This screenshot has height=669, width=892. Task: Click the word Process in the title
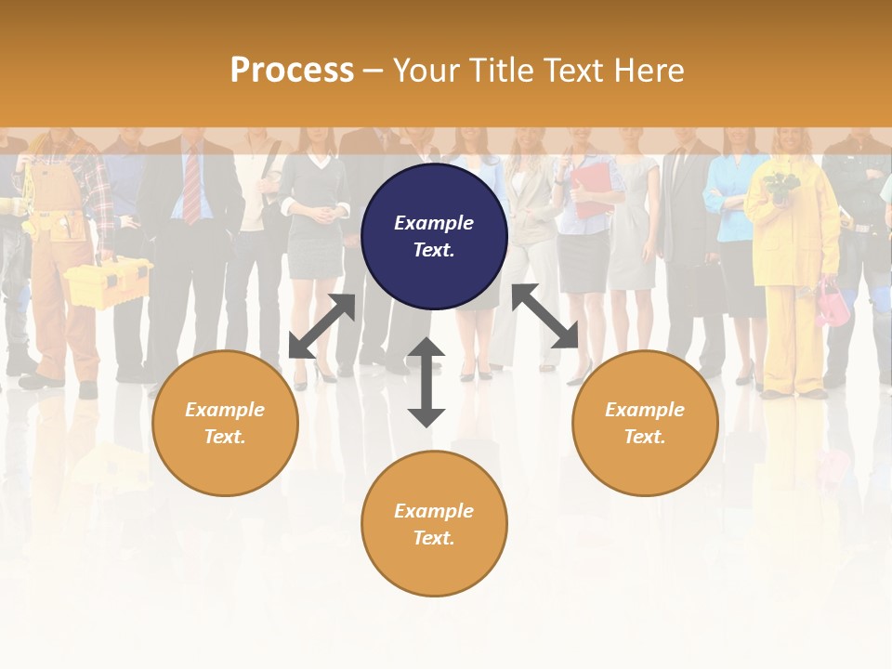click(x=292, y=71)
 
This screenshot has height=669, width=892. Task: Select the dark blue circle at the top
click(x=434, y=237)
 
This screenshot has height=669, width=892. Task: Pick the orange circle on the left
click(x=225, y=423)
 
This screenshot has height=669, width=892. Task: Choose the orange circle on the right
click(x=645, y=423)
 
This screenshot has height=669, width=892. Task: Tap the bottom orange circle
click(x=434, y=524)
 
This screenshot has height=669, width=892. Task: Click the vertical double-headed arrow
click(x=426, y=382)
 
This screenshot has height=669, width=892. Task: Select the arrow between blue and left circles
click(x=322, y=326)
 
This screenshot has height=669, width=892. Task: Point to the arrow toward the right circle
click(x=545, y=317)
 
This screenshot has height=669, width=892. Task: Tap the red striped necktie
click(x=191, y=186)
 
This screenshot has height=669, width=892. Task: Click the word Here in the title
click(x=649, y=71)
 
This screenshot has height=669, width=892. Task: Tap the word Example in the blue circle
click(x=434, y=223)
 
